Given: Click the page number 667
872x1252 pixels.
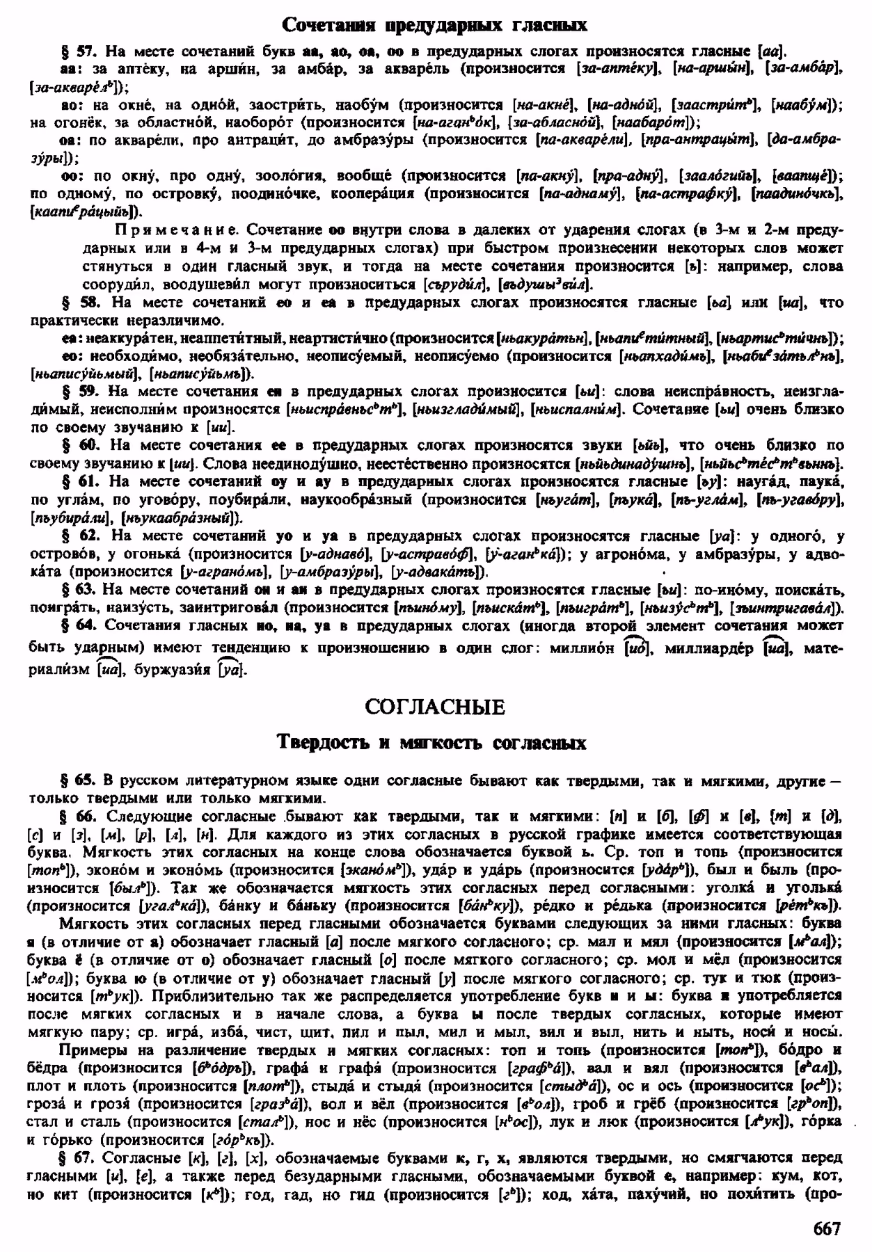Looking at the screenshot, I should (x=826, y=1228).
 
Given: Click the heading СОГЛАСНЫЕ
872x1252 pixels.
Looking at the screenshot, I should (x=435, y=707).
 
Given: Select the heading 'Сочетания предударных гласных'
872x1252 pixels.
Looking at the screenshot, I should (x=435, y=25).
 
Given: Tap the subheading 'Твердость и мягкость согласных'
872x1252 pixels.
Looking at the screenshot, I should (x=431, y=743).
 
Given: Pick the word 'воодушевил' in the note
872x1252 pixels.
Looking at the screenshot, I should (x=207, y=284).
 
